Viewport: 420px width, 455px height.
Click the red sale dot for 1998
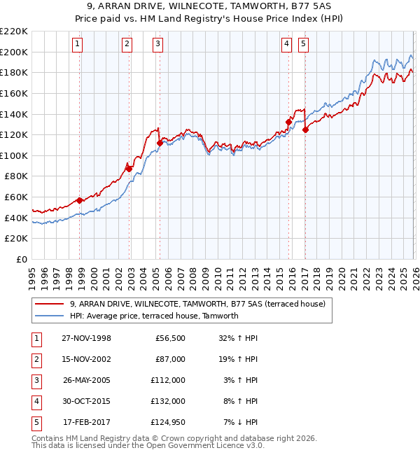(x=80, y=200)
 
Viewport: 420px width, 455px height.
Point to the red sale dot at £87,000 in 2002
(x=129, y=169)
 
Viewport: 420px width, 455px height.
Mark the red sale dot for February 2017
(x=305, y=129)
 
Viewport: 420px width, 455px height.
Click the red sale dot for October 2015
(x=288, y=122)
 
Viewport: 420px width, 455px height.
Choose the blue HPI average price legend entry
(x=154, y=316)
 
